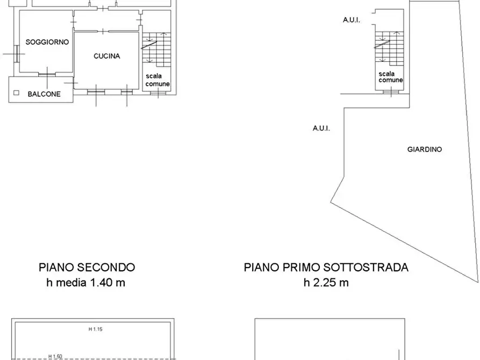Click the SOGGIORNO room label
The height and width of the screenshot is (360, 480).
(x=47, y=42)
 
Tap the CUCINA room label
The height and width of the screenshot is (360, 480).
(x=106, y=56)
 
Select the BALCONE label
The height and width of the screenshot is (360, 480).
(x=44, y=94)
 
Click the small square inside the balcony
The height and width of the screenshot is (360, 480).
(x=16, y=92)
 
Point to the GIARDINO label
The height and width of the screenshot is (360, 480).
(x=425, y=149)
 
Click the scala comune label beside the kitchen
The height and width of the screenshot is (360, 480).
(x=157, y=80)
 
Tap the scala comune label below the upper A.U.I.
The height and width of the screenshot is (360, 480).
(x=391, y=77)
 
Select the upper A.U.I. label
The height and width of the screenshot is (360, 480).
(x=352, y=20)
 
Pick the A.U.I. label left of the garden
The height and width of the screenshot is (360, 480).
(x=321, y=128)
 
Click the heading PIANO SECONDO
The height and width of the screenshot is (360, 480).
(x=87, y=267)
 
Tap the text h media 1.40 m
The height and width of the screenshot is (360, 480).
(x=86, y=282)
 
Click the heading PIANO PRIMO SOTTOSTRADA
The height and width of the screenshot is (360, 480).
(x=326, y=267)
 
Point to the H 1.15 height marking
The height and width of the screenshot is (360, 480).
(x=96, y=329)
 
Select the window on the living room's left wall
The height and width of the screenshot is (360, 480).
(x=17, y=53)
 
